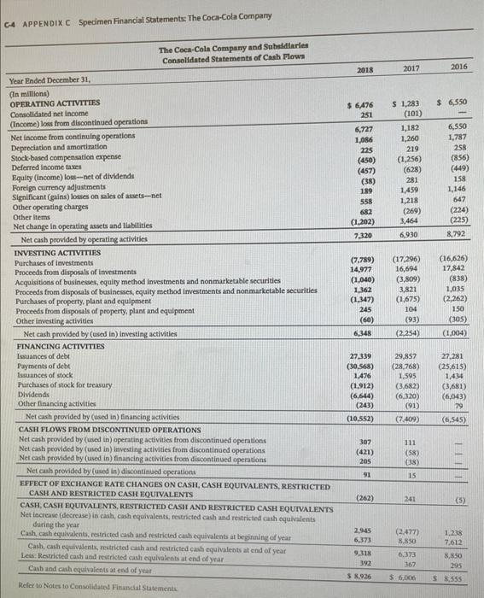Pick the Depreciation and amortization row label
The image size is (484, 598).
click(66, 146)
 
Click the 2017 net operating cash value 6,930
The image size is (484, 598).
click(411, 233)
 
